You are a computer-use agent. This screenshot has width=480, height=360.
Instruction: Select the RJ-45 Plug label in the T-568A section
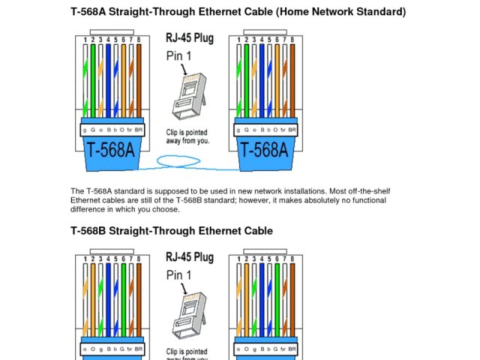[x=189, y=37]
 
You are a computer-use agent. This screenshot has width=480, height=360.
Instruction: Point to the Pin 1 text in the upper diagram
[x=179, y=55]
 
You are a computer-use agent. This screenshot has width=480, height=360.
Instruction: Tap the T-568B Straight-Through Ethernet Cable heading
[x=172, y=231]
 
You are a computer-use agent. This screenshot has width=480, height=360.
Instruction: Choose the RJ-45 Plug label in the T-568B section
[x=189, y=257]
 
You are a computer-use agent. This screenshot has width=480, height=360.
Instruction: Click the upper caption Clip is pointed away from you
[x=187, y=136]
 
